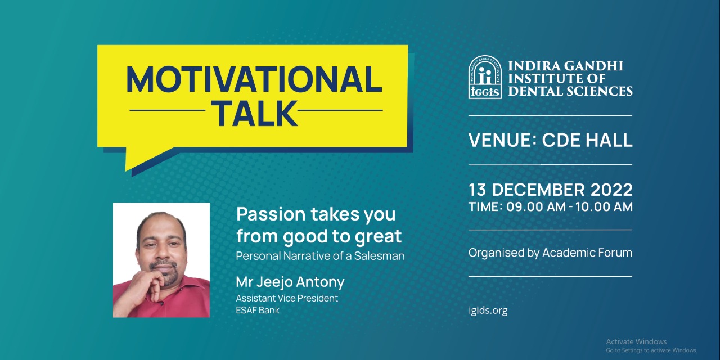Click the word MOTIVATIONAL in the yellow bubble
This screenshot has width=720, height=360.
[254, 80]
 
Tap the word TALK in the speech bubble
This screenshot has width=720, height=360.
[256, 113]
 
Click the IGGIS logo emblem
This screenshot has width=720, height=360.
[485, 77]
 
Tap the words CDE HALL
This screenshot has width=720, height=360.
[587, 141]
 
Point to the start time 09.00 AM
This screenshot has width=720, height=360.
[536, 206]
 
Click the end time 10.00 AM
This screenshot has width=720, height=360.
[604, 206]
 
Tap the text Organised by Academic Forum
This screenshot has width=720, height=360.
[550, 253]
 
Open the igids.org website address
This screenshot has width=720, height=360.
[488, 310]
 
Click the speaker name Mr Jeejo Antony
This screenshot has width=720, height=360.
[290, 282]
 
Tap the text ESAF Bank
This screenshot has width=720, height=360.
[258, 310]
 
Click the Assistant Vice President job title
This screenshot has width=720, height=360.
[287, 298]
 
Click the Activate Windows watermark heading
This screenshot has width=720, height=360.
[636, 341]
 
